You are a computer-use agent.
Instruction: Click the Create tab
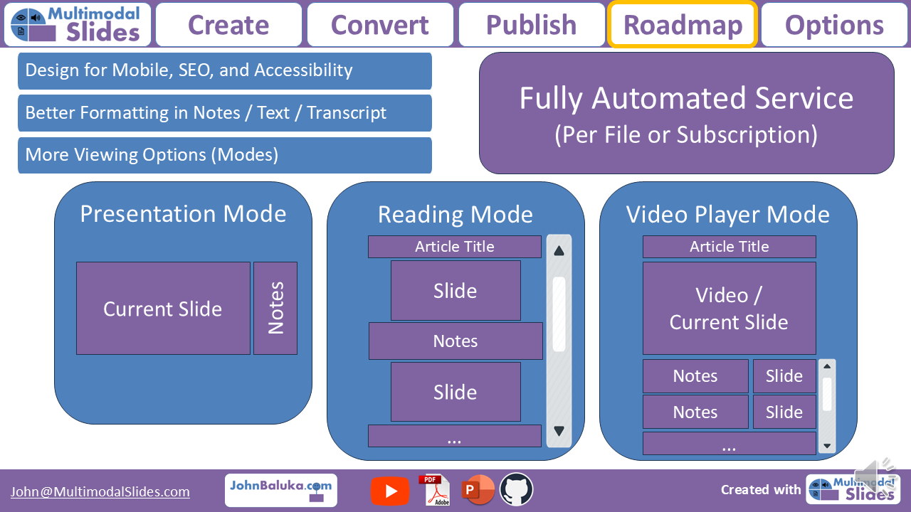[228, 25]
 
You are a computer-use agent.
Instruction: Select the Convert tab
[380, 25]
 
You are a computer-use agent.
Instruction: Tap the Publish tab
[532, 25]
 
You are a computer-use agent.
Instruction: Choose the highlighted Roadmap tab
[683, 25]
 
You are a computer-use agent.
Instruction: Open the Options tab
[834, 25]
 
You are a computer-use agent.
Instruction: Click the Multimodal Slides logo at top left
[78, 25]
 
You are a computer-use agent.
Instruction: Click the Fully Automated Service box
[686, 113]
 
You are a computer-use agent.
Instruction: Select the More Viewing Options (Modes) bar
[224, 155]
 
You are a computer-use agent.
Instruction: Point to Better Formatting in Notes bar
[224, 113]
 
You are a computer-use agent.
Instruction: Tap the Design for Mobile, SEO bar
[224, 70]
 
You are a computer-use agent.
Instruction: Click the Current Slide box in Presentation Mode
[163, 309]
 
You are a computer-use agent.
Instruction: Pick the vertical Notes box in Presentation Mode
[275, 309]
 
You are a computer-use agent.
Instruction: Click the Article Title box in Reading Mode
[454, 247]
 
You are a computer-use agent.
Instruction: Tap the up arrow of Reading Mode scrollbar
[559, 250]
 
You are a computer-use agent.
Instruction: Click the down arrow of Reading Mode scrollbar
[559, 431]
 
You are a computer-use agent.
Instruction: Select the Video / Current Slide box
[729, 309]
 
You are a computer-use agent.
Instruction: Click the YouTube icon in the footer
[390, 491]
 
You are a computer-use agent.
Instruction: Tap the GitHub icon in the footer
[516, 490]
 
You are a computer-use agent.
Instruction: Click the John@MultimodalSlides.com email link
[100, 492]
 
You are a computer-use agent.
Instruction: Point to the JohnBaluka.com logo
[280, 490]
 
